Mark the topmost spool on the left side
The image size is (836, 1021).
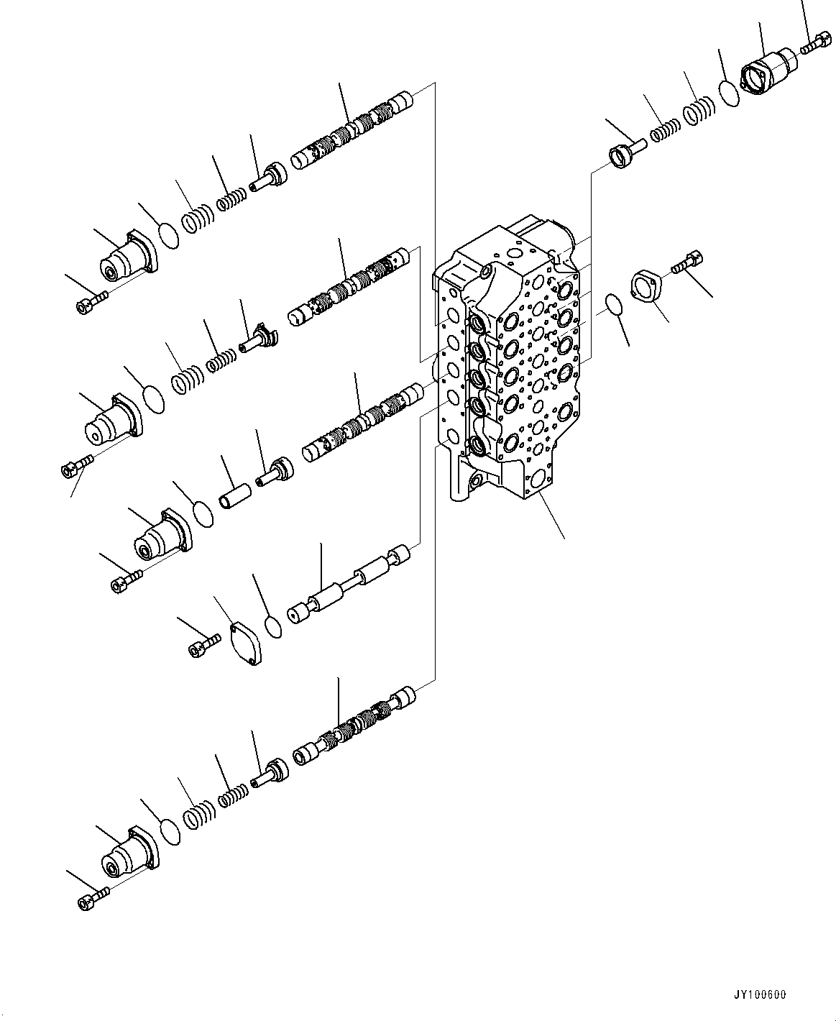(x=352, y=129)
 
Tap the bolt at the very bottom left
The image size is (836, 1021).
(x=91, y=899)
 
